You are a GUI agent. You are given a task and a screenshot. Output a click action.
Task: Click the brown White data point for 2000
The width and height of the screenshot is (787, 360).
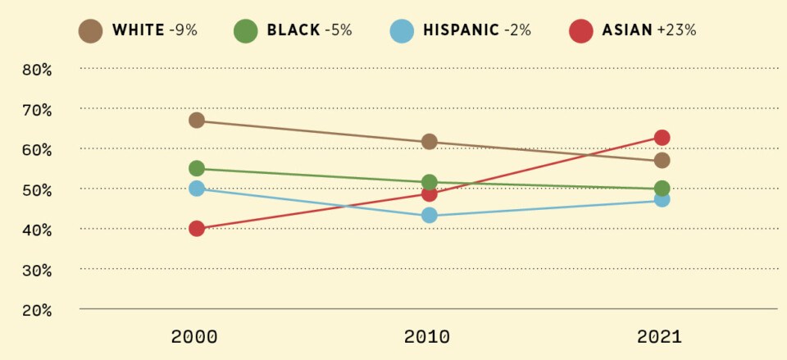pyautogui.click(x=197, y=121)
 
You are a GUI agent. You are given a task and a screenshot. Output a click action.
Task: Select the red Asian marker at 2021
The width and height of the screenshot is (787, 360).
pyautogui.click(x=662, y=138)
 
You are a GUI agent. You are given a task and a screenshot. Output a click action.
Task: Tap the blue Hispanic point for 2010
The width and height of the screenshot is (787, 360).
pyautogui.click(x=429, y=216)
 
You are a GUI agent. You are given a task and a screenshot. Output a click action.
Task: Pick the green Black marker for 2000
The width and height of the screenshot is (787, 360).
pyautogui.click(x=197, y=168)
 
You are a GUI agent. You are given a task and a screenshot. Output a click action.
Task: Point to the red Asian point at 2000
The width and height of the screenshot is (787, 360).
pyautogui.click(x=197, y=229)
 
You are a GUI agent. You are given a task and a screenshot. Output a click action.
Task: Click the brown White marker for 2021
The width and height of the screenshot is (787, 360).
pyautogui.click(x=662, y=160)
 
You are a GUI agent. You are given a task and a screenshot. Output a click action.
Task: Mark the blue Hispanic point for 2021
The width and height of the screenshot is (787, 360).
pyautogui.click(x=662, y=199)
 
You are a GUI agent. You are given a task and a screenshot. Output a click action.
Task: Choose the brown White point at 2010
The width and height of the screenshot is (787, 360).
pyautogui.click(x=429, y=142)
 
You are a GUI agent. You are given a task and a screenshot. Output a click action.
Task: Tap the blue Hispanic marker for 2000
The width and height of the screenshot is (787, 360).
pyautogui.click(x=197, y=189)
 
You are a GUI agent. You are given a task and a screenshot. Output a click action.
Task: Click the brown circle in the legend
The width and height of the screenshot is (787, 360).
pyautogui.click(x=90, y=31)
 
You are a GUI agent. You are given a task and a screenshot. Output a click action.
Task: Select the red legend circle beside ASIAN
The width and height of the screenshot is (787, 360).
pyautogui.click(x=580, y=31)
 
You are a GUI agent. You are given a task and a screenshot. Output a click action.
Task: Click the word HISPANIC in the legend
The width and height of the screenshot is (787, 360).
pyautogui.click(x=461, y=31)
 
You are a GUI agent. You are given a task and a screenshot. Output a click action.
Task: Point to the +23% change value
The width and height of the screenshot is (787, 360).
pyautogui.click(x=676, y=31)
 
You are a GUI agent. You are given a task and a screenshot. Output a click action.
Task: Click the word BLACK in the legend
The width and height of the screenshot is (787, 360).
pyautogui.click(x=293, y=31)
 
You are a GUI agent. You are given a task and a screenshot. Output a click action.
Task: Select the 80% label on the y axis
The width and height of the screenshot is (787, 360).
pyautogui.click(x=37, y=70)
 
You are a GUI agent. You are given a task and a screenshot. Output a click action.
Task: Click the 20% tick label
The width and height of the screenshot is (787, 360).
pyautogui.click(x=37, y=310)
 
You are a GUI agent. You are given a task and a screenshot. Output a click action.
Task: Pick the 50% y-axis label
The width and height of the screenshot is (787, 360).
pyautogui.click(x=37, y=189)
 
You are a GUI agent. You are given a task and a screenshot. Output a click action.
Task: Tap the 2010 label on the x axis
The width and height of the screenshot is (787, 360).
pyautogui.click(x=427, y=336)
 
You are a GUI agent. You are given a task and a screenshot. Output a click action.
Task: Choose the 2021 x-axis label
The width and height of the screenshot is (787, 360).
pyautogui.click(x=659, y=336)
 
